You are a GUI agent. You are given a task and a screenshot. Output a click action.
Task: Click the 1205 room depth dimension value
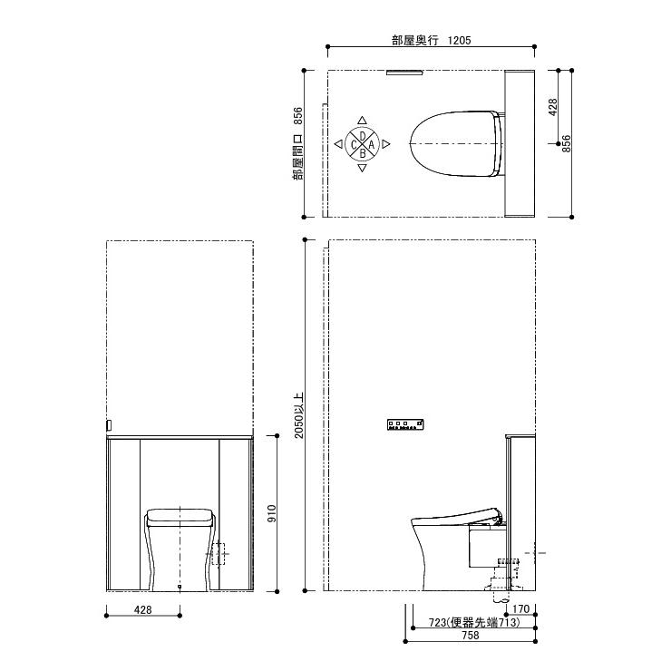click(459, 40)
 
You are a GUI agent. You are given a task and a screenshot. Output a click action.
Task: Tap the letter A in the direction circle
click(372, 145)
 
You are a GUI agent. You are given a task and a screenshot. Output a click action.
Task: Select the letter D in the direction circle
click(363, 136)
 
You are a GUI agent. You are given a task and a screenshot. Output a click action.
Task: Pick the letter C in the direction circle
click(354, 145)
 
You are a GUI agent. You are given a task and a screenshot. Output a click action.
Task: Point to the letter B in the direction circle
click(363, 153)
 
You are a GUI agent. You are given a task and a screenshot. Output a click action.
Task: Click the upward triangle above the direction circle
click(362, 121)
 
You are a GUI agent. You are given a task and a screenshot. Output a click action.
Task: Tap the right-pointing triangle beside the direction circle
click(386, 144)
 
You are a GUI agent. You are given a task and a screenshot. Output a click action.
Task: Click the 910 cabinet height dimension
click(272, 513)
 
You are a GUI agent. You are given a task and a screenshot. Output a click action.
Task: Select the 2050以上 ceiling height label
click(298, 415)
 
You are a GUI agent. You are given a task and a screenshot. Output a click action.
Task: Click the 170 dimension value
click(520, 608)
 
